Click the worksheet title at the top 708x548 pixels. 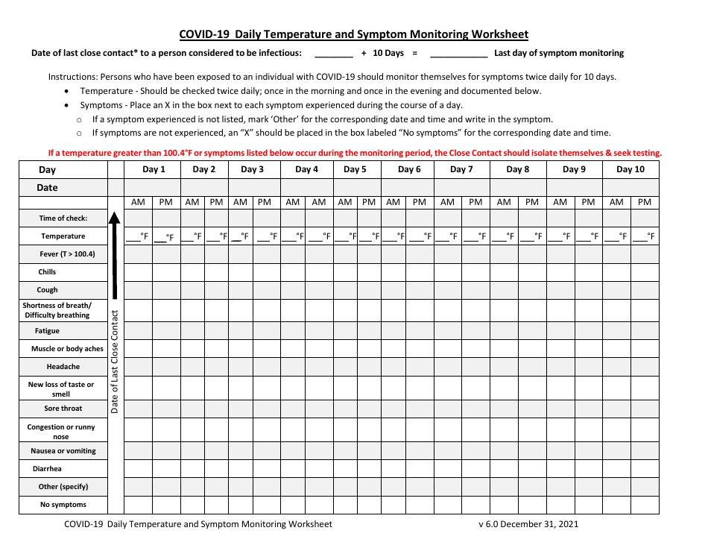point(353,34)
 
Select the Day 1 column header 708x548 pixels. point(154,169)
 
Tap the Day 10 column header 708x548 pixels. point(630,169)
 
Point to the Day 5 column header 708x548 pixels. point(355,169)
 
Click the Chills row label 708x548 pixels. point(47,272)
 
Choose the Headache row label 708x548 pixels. point(63,367)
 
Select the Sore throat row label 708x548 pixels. point(63,409)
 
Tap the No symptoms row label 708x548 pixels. point(63,505)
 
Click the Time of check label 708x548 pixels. point(63,218)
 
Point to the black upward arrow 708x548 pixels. point(115,253)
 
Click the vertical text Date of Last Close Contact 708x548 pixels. point(115,362)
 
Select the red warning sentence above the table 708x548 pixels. point(355,153)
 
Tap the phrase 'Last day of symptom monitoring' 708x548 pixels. point(559,53)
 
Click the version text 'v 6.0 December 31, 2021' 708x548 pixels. point(528,523)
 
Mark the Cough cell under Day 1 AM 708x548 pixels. point(138,290)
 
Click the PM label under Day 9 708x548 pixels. point(588,202)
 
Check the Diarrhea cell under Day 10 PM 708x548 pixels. point(645,469)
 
